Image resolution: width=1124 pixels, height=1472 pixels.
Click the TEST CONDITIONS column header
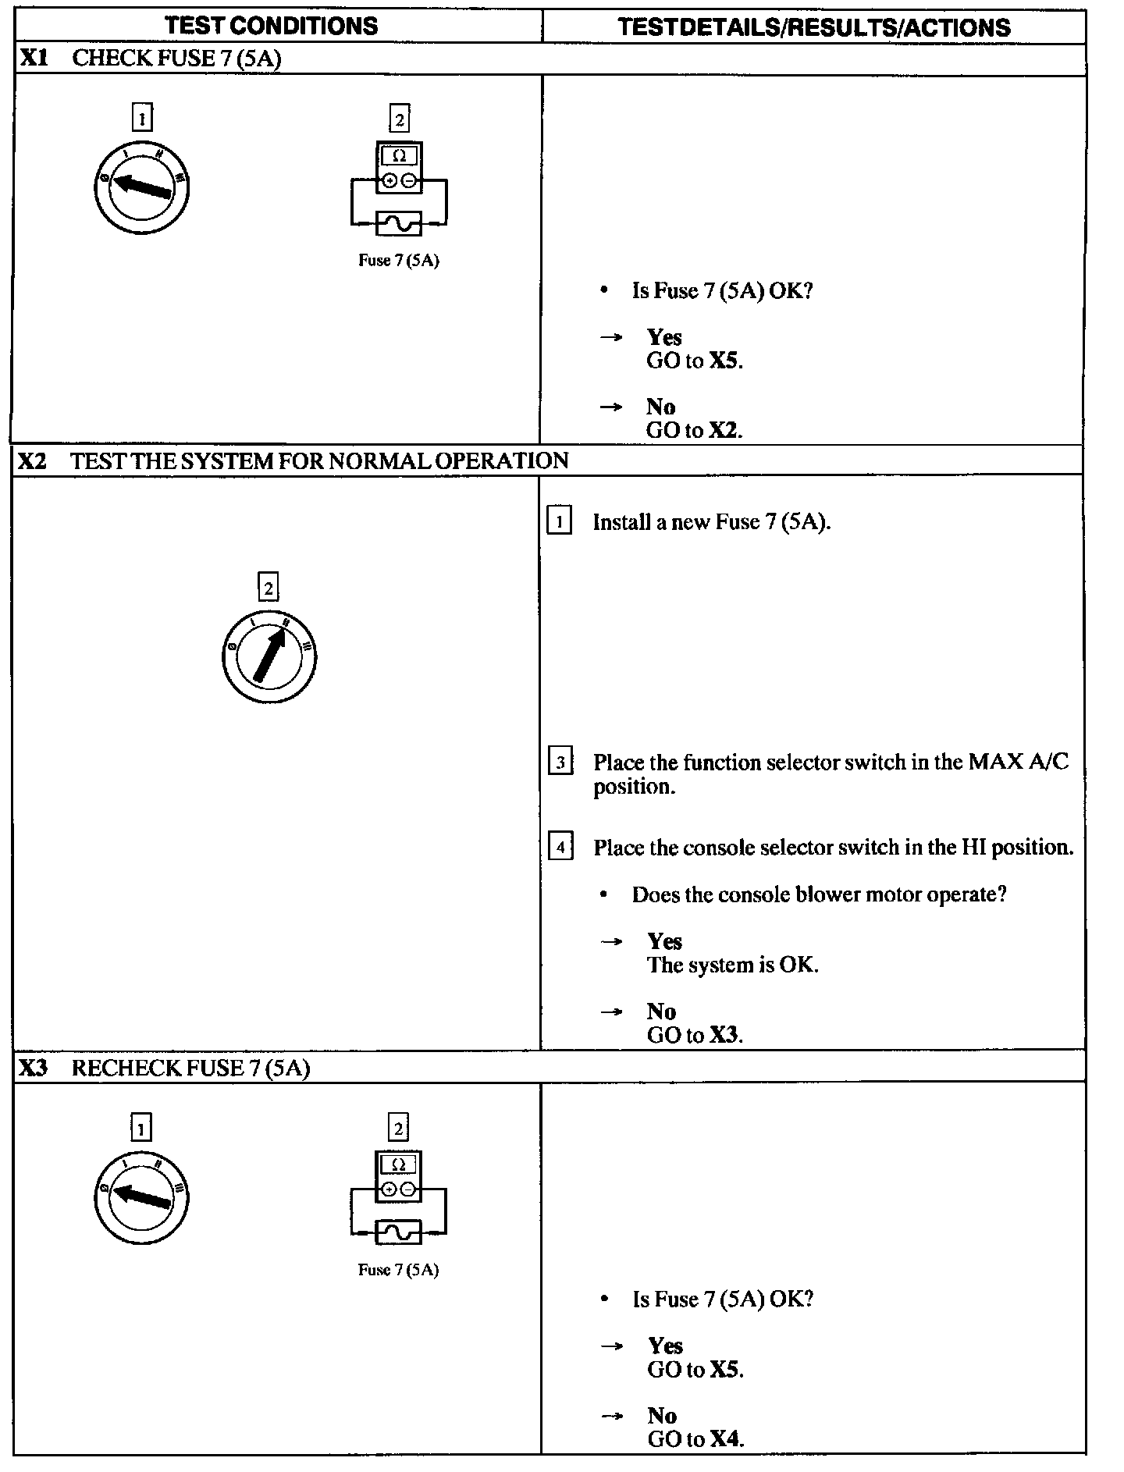point(272,26)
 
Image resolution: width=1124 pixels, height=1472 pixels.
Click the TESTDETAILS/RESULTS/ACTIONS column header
point(813,27)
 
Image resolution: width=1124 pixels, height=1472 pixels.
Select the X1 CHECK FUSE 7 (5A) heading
point(149,59)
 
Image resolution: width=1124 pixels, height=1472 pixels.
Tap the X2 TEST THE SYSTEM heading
point(293,460)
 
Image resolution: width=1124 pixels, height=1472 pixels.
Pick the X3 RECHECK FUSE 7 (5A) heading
point(164,1068)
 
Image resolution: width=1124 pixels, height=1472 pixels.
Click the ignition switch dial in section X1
point(142,188)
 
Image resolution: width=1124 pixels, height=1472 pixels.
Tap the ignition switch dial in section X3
point(142,1197)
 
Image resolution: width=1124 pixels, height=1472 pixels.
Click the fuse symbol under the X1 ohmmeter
point(399,224)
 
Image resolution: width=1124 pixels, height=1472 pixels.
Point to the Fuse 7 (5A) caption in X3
point(398,1271)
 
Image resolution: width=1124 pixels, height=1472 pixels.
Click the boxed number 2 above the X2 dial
point(269,588)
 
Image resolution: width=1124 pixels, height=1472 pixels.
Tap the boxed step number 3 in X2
point(560,762)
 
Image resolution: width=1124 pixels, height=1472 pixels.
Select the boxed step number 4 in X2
point(560,847)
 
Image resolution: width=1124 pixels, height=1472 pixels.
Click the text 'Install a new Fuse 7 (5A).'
point(711,522)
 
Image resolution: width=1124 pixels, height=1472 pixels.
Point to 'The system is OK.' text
point(732,965)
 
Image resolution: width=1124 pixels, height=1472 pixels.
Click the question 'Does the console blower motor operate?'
point(819,894)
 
